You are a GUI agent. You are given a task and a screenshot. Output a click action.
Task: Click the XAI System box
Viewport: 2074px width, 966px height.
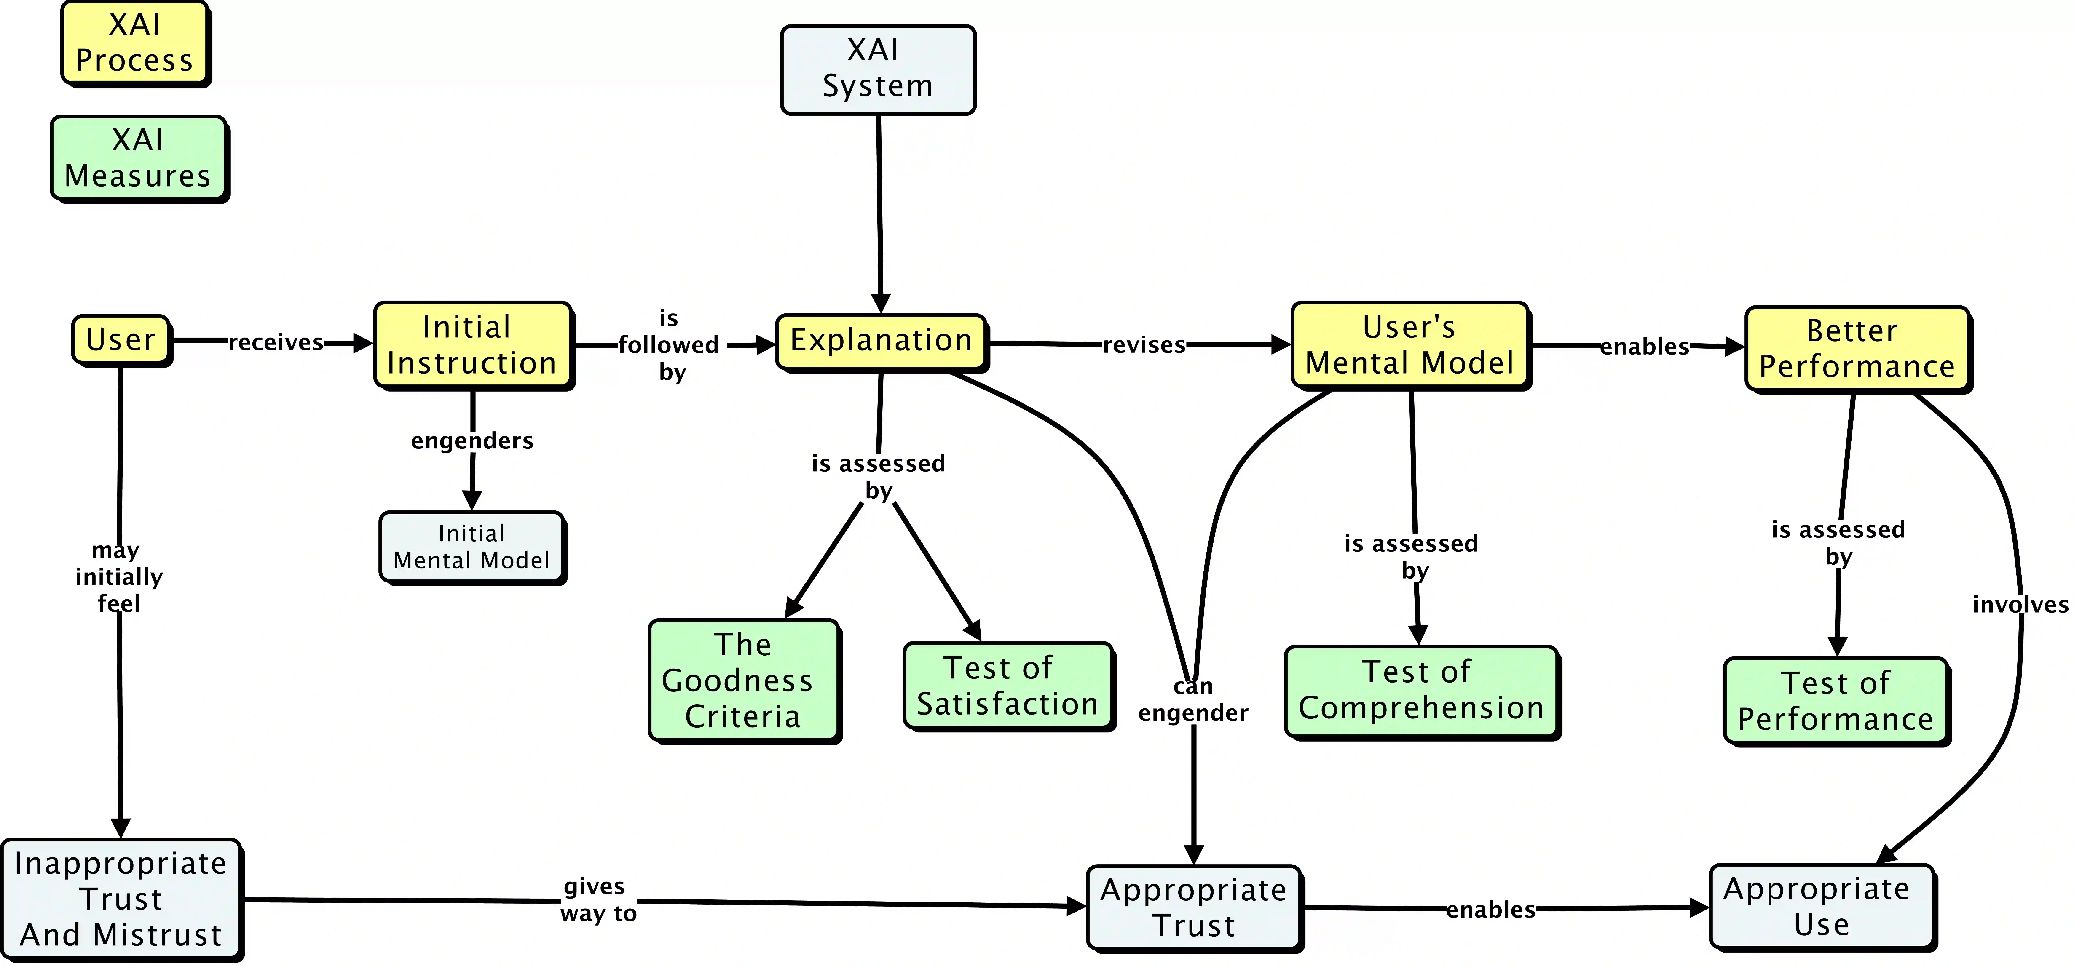pyautogui.click(x=878, y=69)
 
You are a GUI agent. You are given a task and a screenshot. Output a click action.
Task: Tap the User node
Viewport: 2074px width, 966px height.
pyautogui.click(x=121, y=340)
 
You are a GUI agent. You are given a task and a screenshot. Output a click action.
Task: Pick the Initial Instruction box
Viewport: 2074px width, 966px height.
pyautogui.click(x=473, y=345)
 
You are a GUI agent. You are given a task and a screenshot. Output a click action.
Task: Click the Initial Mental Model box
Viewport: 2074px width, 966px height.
pyautogui.click(x=472, y=547)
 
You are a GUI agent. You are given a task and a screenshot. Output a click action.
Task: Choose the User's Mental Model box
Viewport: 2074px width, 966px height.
pyautogui.click(x=1410, y=345)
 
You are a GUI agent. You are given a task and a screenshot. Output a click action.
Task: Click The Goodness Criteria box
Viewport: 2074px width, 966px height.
pyautogui.click(x=743, y=680)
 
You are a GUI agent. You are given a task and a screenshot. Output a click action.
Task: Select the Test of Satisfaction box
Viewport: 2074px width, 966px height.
pyautogui.click(x=1008, y=686)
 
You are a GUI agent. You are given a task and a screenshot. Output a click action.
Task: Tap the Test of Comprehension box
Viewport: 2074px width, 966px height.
pyautogui.click(x=1421, y=691)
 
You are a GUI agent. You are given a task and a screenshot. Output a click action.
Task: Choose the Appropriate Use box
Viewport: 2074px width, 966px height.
pyautogui.click(x=1821, y=906)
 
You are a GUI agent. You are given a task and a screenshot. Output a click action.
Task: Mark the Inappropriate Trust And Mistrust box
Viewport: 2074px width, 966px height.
pyautogui.click(x=121, y=899)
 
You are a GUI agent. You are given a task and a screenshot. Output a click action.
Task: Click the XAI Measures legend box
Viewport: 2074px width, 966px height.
pyautogui.click(x=139, y=158)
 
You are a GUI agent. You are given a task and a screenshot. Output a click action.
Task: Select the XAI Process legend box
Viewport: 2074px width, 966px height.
pyautogui.click(x=134, y=43)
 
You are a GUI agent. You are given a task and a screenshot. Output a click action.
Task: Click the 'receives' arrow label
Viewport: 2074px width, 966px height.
pyautogui.click(x=275, y=343)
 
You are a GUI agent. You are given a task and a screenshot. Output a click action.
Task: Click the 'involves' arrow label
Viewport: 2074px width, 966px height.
pyautogui.click(x=2019, y=605)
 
